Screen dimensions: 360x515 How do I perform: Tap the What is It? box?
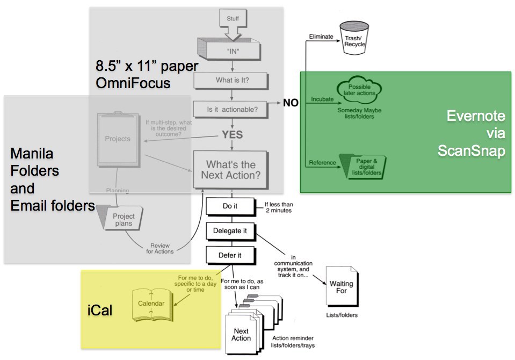point(231,81)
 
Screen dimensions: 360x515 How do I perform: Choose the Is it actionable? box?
point(231,109)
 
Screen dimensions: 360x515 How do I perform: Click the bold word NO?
point(291,103)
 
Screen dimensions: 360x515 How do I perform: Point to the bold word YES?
point(232,134)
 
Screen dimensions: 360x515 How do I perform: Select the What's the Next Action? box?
point(231,170)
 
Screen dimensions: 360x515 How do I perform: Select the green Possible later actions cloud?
point(359,90)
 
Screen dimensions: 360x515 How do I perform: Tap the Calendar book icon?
point(151,304)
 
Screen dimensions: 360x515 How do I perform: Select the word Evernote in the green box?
point(476,116)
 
